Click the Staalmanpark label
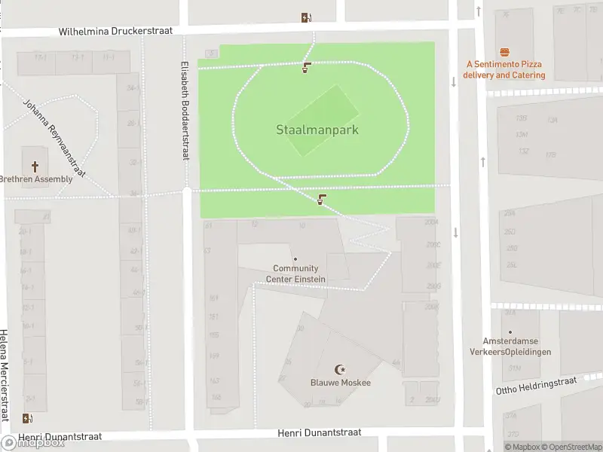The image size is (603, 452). (x=317, y=130)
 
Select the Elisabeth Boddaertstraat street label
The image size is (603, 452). (x=184, y=110)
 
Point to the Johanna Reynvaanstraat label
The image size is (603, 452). (x=54, y=138)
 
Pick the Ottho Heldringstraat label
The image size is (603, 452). (x=536, y=386)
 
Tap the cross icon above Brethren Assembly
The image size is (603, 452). (x=35, y=166)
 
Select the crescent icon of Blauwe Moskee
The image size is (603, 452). (x=341, y=370)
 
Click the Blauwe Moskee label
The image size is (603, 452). (x=341, y=383)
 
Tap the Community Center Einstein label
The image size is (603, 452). (x=295, y=273)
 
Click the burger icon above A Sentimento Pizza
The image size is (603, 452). (x=504, y=52)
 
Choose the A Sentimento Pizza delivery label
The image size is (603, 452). (x=504, y=70)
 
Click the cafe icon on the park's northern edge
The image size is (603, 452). (x=306, y=69)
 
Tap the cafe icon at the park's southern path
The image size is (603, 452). (x=322, y=200)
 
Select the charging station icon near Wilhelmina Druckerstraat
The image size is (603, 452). (x=306, y=18)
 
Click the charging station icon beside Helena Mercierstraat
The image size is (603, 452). (x=28, y=419)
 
